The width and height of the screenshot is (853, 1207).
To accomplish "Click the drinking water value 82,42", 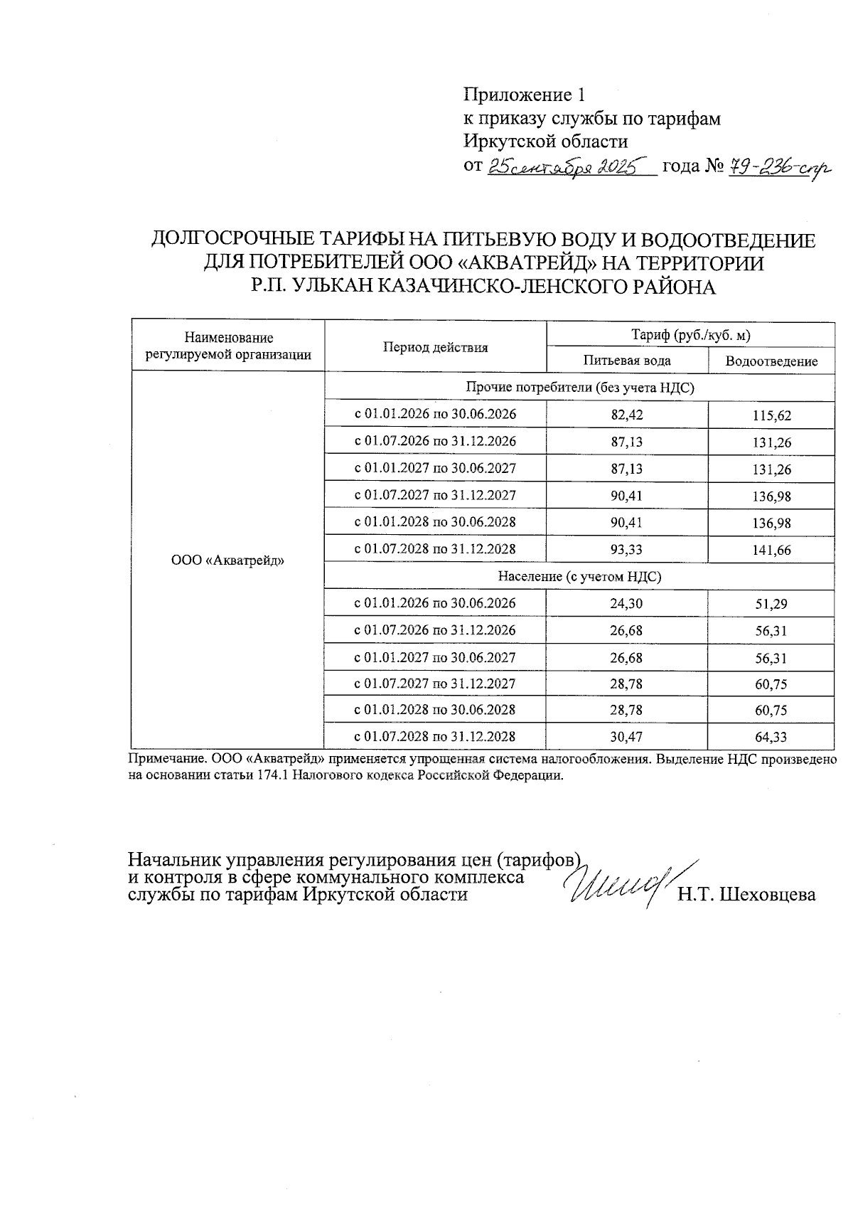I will pyautogui.click(x=627, y=415).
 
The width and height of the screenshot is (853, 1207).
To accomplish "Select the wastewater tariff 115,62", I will pyautogui.click(x=771, y=415).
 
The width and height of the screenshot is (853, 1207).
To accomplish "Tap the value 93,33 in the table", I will pyautogui.click(x=627, y=550).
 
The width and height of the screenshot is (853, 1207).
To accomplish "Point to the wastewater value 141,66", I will pyautogui.click(x=771, y=550).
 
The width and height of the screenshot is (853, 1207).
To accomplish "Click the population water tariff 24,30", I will pyautogui.click(x=627, y=604).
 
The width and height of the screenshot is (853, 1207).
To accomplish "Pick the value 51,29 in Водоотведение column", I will pyautogui.click(x=771, y=604).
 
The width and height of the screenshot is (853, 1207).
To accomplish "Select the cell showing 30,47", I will pyautogui.click(x=627, y=737).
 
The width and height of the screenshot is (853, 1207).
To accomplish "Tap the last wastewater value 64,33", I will pyautogui.click(x=771, y=737).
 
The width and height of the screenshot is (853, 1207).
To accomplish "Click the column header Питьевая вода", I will pyautogui.click(x=627, y=361).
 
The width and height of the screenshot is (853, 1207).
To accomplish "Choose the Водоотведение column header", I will pyautogui.click(x=771, y=361).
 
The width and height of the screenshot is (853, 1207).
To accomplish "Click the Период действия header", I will pyautogui.click(x=436, y=348).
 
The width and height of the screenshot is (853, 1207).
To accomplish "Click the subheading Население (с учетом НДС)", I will pyautogui.click(x=579, y=577).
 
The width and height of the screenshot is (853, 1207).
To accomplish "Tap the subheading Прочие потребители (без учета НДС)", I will pyautogui.click(x=579, y=388).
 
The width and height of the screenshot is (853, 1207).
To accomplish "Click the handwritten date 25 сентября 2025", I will pyautogui.click(x=562, y=167).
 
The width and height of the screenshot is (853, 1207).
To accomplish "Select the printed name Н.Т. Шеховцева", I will pyautogui.click(x=746, y=895).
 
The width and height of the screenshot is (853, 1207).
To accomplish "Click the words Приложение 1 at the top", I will pyautogui.click(x=523, y=95).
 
